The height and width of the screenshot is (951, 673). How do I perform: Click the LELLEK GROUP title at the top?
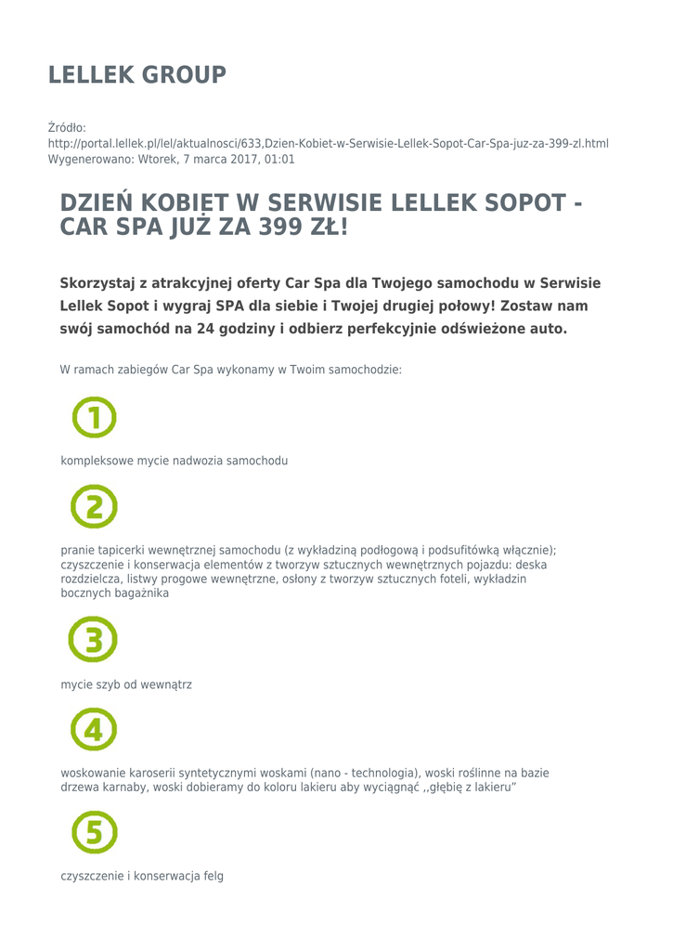[x=136, y=75]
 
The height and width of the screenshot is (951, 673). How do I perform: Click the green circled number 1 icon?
[x=94, y=417]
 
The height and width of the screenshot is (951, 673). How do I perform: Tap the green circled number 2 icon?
[x=94, y=506]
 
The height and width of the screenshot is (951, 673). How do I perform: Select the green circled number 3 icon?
[x=94, y=640]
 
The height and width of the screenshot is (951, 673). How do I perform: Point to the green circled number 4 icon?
[x=94, y=729]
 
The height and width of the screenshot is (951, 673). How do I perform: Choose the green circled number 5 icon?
[x=94, y=831]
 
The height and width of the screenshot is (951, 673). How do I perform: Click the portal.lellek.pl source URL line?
[x=328, y=143]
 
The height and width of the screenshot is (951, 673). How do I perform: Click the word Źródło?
[x=67, y=127]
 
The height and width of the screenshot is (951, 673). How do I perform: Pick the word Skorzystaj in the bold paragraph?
[x=96, y=283]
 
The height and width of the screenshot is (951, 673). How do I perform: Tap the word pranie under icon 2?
[x=77, y=549]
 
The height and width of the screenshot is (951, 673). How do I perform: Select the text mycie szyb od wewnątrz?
[x=126, y=684]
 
